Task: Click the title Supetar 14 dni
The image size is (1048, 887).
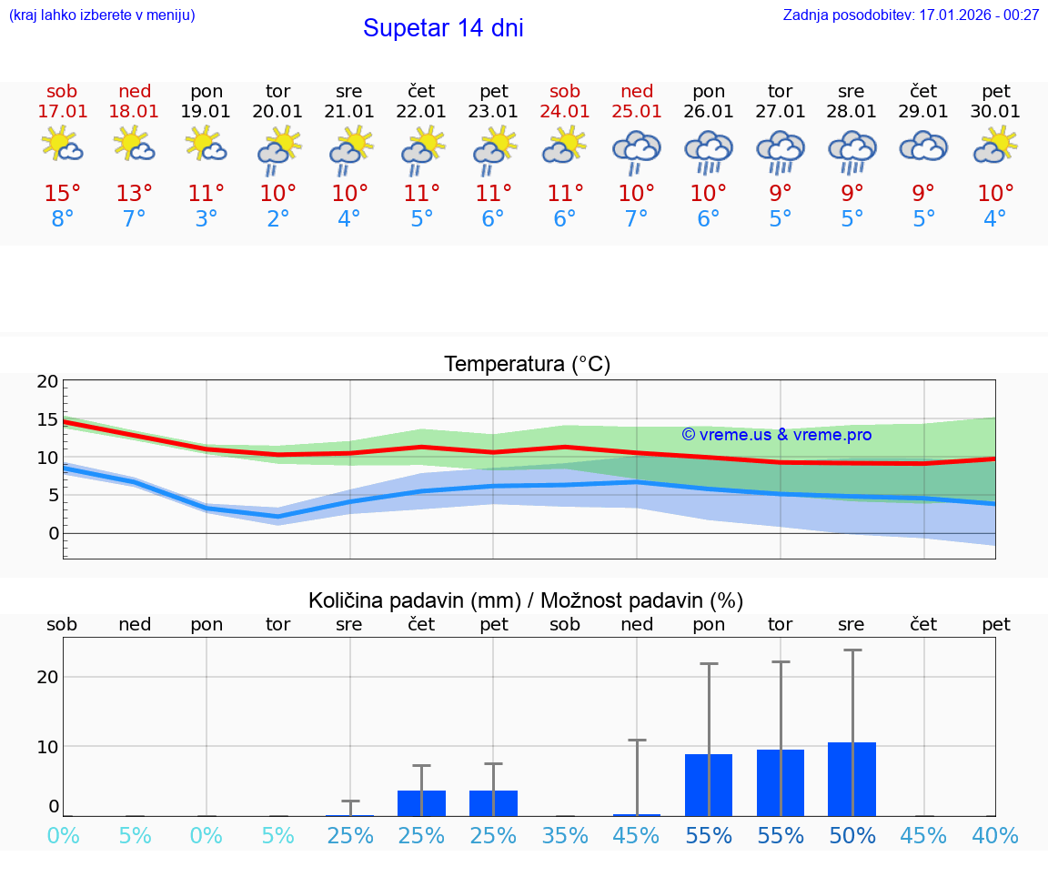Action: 443,28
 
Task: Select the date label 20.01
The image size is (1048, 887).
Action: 277,112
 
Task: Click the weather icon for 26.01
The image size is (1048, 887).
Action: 709,150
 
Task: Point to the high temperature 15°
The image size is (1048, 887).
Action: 63,194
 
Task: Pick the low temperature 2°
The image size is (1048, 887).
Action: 277,219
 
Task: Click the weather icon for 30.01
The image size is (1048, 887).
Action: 995,146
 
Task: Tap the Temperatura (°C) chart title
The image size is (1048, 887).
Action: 527,365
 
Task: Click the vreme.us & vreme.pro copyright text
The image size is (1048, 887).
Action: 776,435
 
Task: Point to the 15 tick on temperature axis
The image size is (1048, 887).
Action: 47,419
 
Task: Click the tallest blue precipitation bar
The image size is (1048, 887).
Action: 851,780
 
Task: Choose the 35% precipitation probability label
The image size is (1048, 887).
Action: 565,835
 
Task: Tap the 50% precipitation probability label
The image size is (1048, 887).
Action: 851,835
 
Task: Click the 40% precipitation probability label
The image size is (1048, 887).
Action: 995,835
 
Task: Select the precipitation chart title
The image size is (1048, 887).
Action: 526,600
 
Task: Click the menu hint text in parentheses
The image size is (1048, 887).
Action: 102,15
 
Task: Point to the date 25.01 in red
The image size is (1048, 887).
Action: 637,112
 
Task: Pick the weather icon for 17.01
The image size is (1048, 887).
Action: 63,146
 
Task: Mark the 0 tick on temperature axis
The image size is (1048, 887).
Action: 53,533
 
